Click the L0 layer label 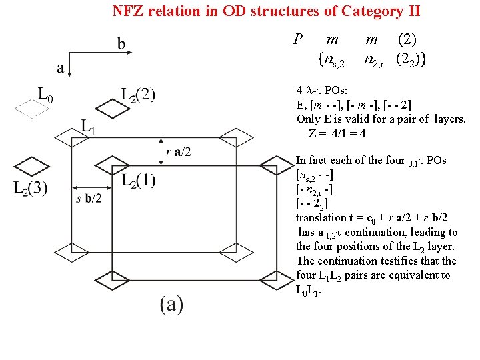pyautogui.click(x=44, y=97)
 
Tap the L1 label pyautogui.click(x=87, y=127)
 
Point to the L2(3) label pyautogui.click(x=30, y=188)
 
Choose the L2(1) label pyautogui.click(x=139, y=180)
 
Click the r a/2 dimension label pyautogui.click(x=178, y=151)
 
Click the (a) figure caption pyautogui.click(x=171, y=304)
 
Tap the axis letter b pyautogui.click(x=121, y=44)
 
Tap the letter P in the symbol pyautogui.click(x=297, y=40)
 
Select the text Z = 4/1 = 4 pyautogui.click(x=337, y=133)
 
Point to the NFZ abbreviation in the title pyautogui.click(x=126, y=11)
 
